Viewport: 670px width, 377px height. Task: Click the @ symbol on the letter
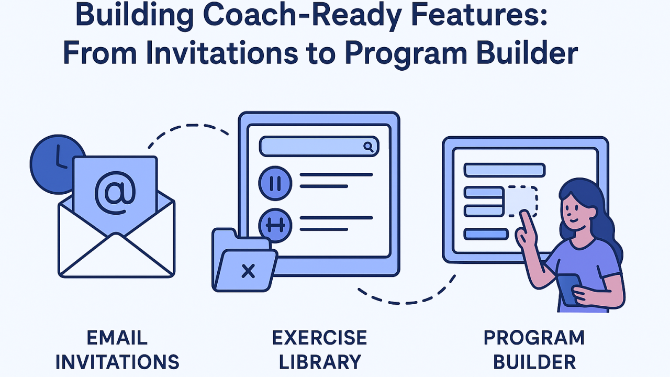[115, 193]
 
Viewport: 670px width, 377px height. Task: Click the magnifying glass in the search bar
[369, 147]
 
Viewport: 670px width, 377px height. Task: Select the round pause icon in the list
[275, 182]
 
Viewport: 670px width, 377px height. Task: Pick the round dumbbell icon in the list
[275, 225]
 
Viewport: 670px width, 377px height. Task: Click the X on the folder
[248, 271]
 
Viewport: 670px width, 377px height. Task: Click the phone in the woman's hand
[568, 290]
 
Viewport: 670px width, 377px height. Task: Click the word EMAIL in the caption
[117, 338]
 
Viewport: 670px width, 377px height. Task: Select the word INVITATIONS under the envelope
[117, 362]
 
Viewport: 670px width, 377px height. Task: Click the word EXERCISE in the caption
[319, 338]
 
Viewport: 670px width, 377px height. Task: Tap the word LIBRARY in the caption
[319, 362]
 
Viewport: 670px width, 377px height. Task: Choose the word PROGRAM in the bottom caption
[534, 338]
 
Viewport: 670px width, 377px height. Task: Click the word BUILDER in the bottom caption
[534, 362]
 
